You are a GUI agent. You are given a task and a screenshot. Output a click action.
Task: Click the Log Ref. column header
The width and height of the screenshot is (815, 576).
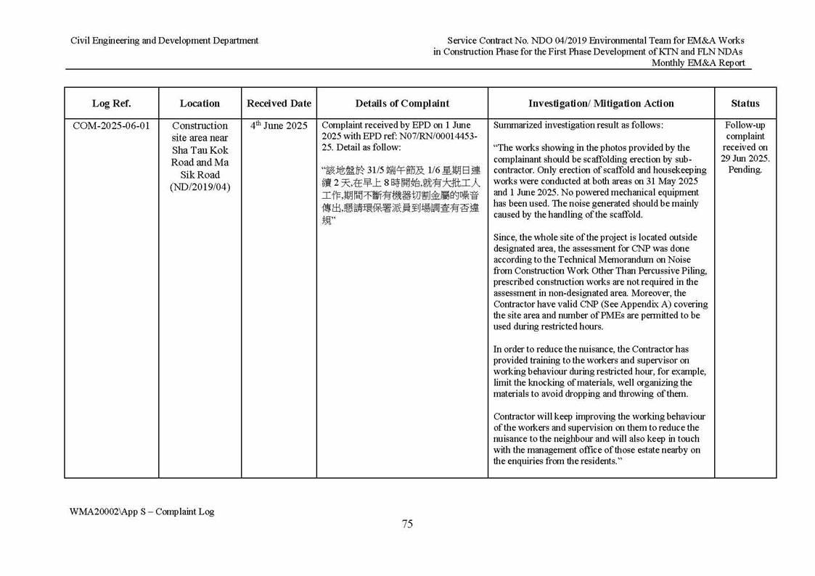click(x=111, y=103)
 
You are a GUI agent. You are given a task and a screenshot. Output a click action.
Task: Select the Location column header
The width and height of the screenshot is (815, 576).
click(x=200, y=103)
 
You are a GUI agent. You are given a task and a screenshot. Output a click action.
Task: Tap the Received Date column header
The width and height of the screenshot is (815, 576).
click(x=279, y=103)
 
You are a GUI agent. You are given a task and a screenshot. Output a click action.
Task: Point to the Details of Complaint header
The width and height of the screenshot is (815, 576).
click(x=402, y=103)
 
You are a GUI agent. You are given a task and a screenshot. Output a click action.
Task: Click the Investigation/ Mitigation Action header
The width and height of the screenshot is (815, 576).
click(x=601, y=103)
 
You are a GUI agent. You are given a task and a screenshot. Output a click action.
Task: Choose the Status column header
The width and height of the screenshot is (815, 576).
click(x=745, y=103)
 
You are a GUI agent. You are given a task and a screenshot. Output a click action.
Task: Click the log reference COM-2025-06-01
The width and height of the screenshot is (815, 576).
click(x=111, y=126)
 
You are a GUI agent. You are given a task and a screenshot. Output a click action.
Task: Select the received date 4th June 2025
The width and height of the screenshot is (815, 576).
click(x=279, y=126)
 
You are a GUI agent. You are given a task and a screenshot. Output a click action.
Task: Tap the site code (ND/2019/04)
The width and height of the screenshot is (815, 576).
click(x=200, y=187)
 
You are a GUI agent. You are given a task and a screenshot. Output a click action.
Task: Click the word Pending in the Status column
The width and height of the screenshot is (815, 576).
click(x=745, y=170)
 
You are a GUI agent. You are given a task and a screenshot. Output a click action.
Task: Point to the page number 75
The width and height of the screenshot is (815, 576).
click(x=407, y=524)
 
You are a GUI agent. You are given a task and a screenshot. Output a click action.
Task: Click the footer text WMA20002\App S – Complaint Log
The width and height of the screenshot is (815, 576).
click(x=142, y=511)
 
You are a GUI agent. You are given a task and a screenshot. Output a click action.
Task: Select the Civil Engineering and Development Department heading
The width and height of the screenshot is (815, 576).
click(x=164, y=41)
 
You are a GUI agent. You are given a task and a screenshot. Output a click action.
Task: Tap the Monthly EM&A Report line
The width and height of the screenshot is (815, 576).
click(x=697, y=63)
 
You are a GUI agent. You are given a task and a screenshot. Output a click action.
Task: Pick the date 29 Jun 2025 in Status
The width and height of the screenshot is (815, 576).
click(x=745, y=158)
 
